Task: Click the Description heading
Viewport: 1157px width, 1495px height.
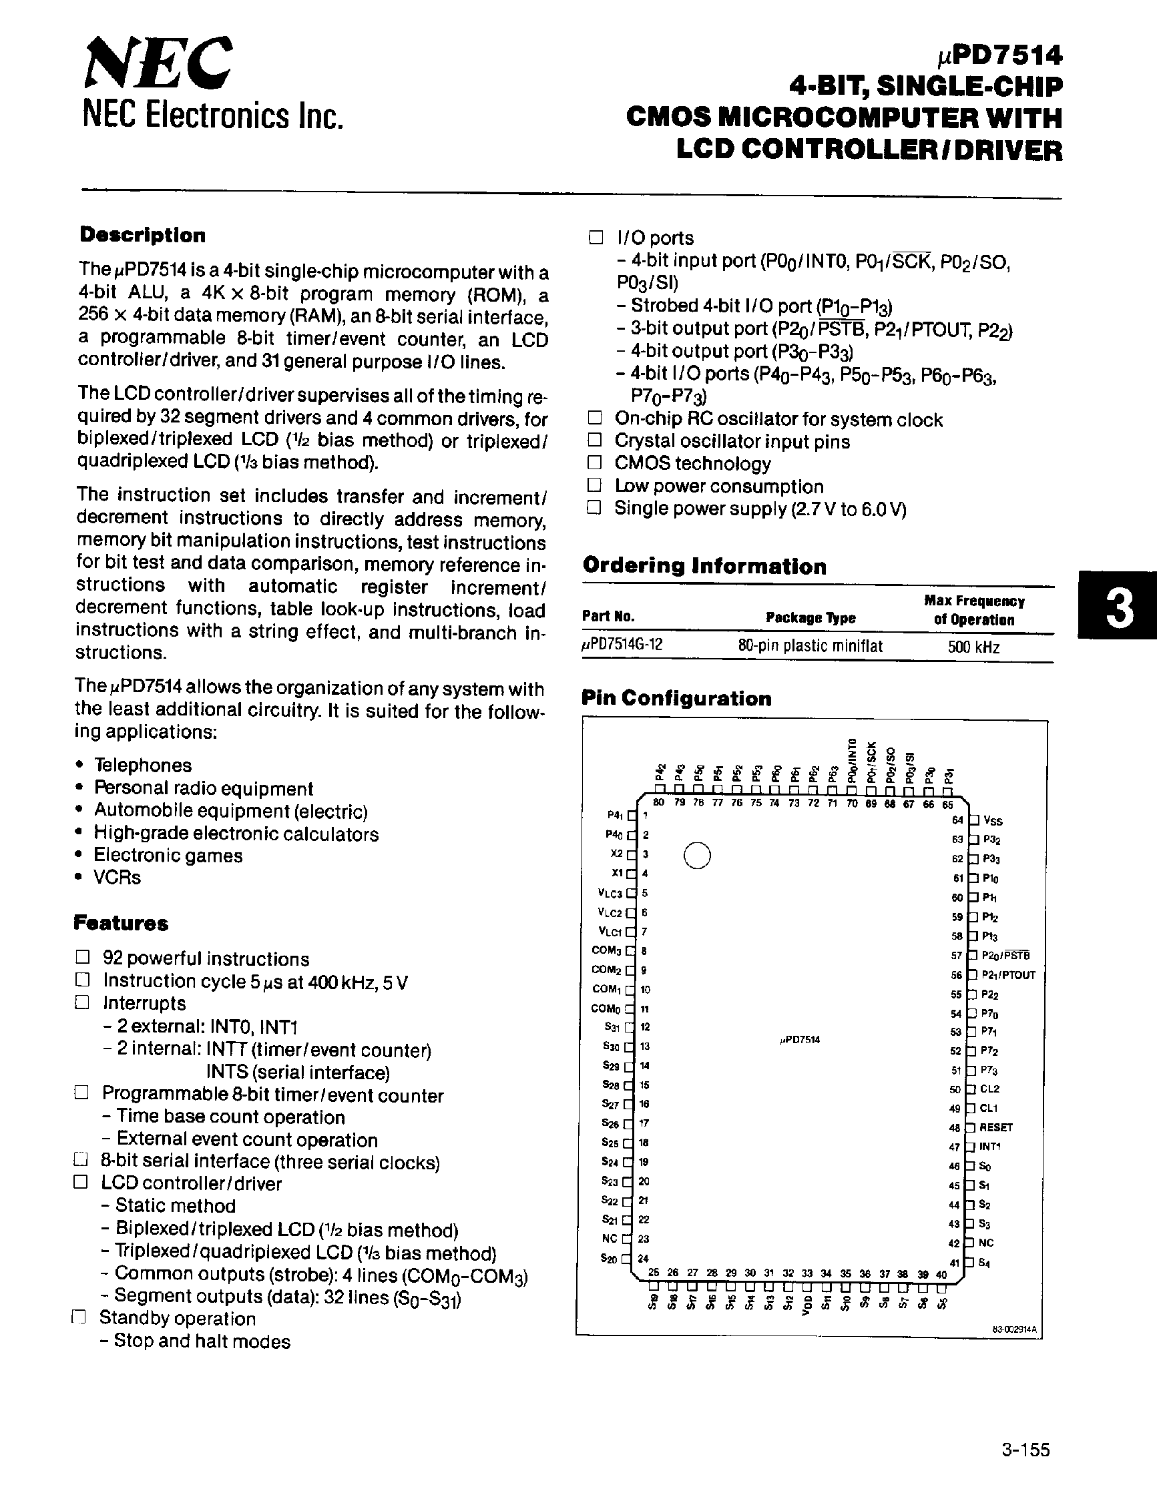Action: click(142, 235)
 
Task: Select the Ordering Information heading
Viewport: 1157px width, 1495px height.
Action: click(704, 566)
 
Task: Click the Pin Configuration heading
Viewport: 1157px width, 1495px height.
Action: click(676, 698)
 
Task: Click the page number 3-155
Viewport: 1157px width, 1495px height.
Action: click(1025, 1450)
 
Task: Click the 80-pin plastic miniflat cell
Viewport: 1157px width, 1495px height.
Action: click(810, 645)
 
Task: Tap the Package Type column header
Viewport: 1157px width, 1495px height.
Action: click(810, 617)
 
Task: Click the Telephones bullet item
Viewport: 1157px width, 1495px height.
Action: click(142, 765)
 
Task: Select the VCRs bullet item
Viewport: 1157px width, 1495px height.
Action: click(117, 877)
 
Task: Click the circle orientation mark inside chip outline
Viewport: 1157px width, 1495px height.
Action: click(697, 856)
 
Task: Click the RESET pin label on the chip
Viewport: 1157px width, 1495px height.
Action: click(995, 1127)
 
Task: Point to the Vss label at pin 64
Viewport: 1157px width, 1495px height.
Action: click(993, 820)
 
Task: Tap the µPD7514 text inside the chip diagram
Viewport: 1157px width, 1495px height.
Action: click(799, 1040)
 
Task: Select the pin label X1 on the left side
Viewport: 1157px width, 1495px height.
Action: click(616, 873)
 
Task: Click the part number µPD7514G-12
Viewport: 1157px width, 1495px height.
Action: click(622, 645)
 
